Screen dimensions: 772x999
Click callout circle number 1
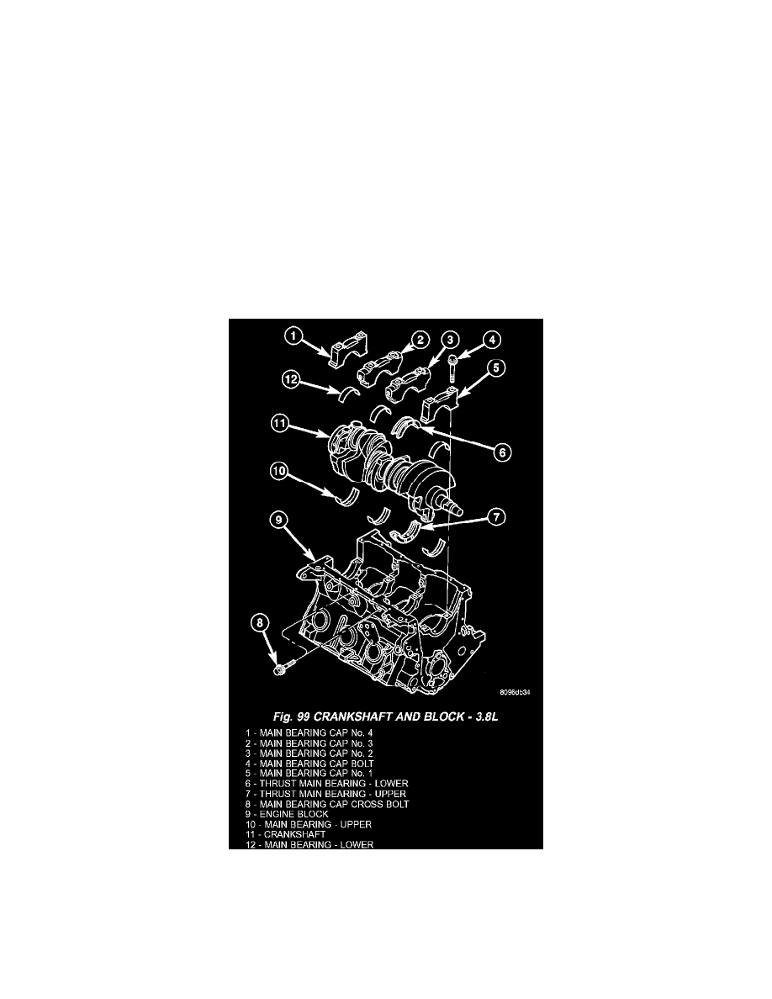click(x=293, y=336)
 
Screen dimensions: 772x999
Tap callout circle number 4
click(x=492, y=341)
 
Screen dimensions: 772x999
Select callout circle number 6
click(x=503, y=452)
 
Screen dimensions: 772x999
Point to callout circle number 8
click(x=259, y=622)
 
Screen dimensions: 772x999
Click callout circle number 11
click(x=280, y=422)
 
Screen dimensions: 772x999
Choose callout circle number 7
click(x=496, y=516)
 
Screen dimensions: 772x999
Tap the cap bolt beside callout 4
click(x=453, y=368)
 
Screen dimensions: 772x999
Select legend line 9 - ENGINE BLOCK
click(x=288, y=814)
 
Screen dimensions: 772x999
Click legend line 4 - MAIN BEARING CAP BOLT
click(x=310, y=764)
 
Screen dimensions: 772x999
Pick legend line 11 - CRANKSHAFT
click(x=286, y=835)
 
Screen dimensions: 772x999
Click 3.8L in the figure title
click(x=484, y=716)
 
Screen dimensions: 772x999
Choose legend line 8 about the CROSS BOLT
click(x=327, y=804)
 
